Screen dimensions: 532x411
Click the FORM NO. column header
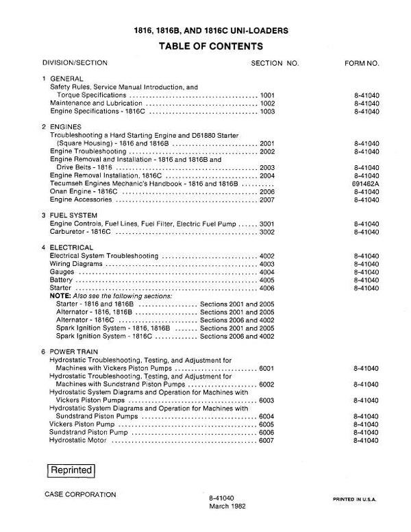pos(362,63)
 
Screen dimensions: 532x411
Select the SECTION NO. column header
pos(275,63)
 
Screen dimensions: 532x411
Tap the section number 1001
pos(268,95)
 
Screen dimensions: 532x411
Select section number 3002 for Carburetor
pos(268,232)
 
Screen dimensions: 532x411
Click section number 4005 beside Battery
pos(268,280)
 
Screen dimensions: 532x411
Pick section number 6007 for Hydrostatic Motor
pos(268,440)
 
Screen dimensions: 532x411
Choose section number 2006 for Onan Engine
pos(268,192)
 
